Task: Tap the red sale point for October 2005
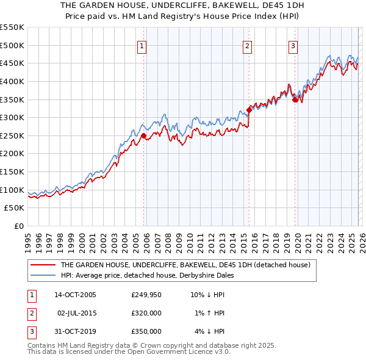tap(144, 135)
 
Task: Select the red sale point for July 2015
tap(249, 110)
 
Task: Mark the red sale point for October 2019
tap(295, 99)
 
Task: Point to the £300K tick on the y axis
tap(12, 117)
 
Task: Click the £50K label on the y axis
tap(15, 208)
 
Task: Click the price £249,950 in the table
tap(146, 295)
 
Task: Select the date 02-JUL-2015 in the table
tap(77, 313)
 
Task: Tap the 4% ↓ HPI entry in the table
tap(209, 331)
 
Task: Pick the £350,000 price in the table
tap(146, 331)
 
